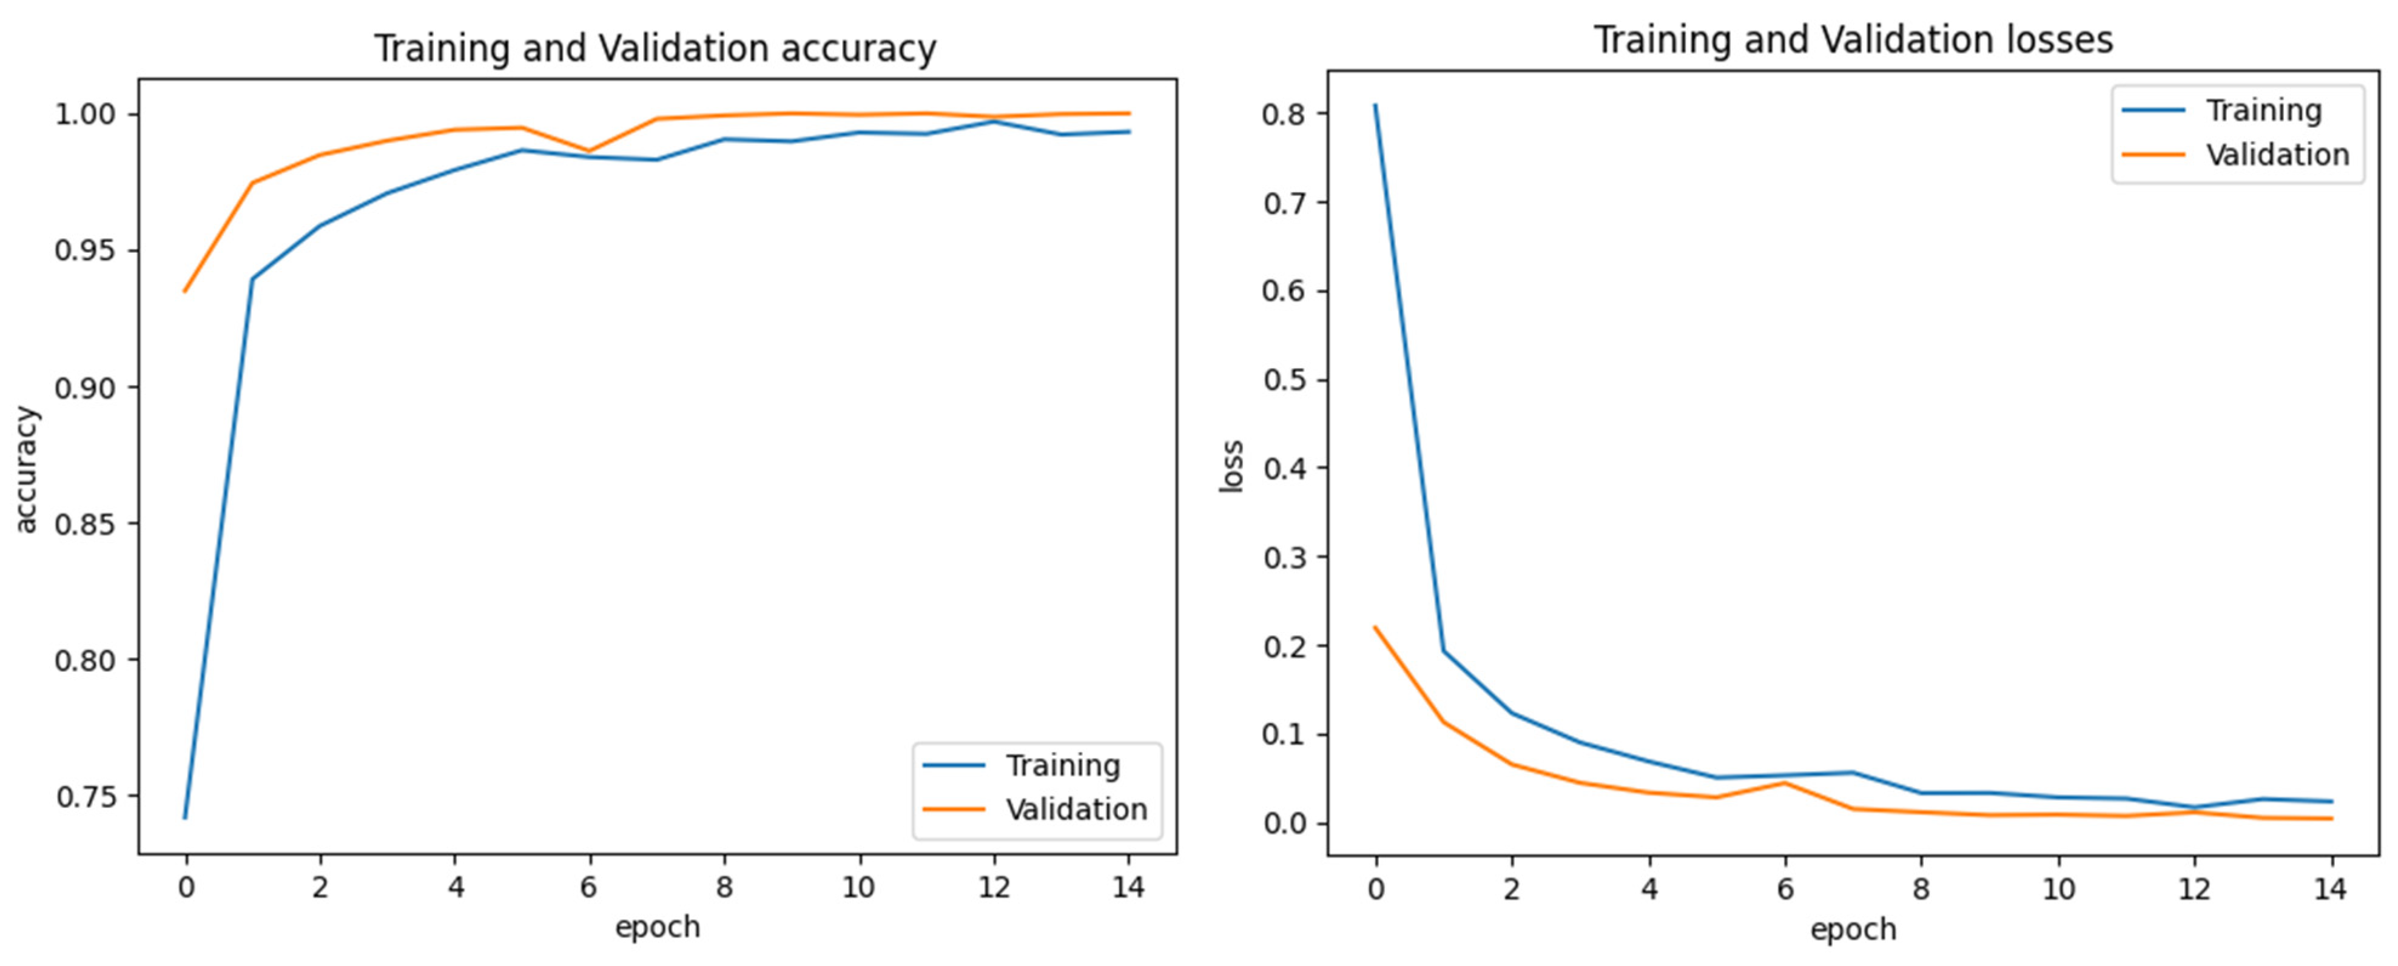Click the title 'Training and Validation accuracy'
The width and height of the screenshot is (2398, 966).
point(655,49)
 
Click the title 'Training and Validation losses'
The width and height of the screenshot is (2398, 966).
point(1853,40)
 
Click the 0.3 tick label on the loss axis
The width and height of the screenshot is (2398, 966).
point(1285,557)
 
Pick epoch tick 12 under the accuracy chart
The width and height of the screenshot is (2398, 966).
point(993,888)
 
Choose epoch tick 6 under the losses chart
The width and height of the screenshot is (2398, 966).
point(1785,890)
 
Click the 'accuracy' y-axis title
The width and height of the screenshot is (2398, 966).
point(26,470)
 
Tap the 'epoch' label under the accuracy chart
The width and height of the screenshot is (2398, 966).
point(657,927)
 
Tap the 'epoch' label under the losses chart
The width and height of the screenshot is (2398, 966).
point(1853,929)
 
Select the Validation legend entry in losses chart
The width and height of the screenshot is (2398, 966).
point(2277,155)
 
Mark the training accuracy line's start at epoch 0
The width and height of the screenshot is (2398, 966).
point(185,817)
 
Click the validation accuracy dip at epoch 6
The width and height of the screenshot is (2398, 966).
point(588,151)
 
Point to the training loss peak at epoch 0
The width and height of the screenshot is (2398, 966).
point(1375,105)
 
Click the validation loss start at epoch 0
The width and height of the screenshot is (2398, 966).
point(1375,627)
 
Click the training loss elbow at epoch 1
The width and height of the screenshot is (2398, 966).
point(1444,651)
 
